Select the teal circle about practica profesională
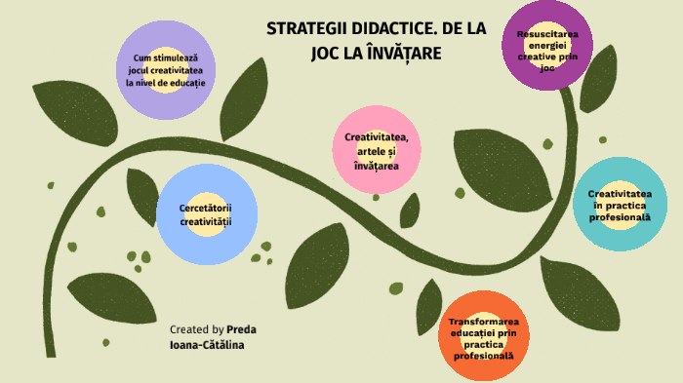(618, 205)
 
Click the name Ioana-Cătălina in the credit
(207, 346)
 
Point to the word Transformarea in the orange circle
(483, 322)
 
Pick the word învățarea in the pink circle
(376, 166)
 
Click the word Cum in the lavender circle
(142, 57)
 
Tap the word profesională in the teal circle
(619, 217)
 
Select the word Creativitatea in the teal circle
(619, 193)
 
